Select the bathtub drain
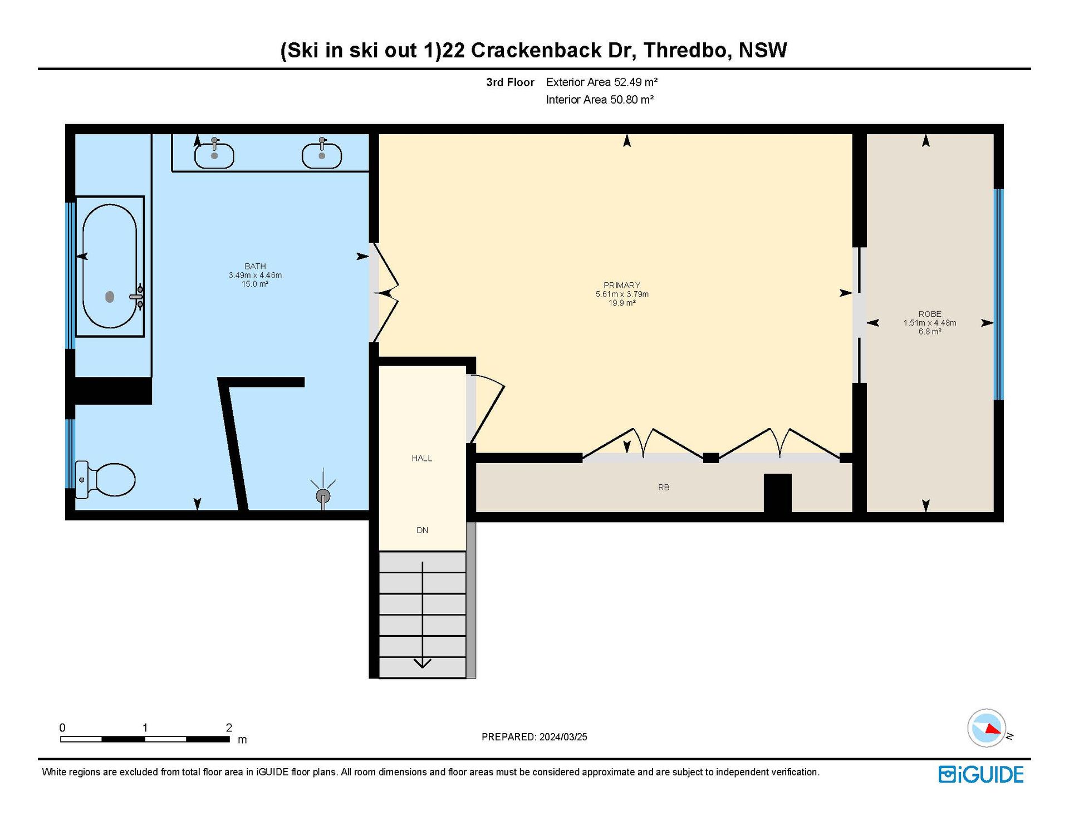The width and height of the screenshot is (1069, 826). [110, 297]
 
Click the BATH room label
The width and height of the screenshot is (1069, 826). [255, 266]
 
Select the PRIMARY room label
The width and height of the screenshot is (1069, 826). [622, 285]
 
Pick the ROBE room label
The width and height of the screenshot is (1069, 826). [930, 314]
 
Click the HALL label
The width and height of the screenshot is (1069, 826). [422, 458]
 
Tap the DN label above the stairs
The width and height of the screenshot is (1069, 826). [423, 530]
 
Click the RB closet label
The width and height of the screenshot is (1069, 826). [664, 487]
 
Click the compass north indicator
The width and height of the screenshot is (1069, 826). [992, 729]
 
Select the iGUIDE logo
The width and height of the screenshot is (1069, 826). [981, 774]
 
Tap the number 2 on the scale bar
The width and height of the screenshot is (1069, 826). [229, 727]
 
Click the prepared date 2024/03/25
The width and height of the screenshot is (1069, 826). [563, 737]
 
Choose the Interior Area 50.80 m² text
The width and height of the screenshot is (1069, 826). [600, 100]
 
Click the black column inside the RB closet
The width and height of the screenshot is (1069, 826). [778, 493]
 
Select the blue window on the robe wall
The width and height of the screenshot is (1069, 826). [999, 294]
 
